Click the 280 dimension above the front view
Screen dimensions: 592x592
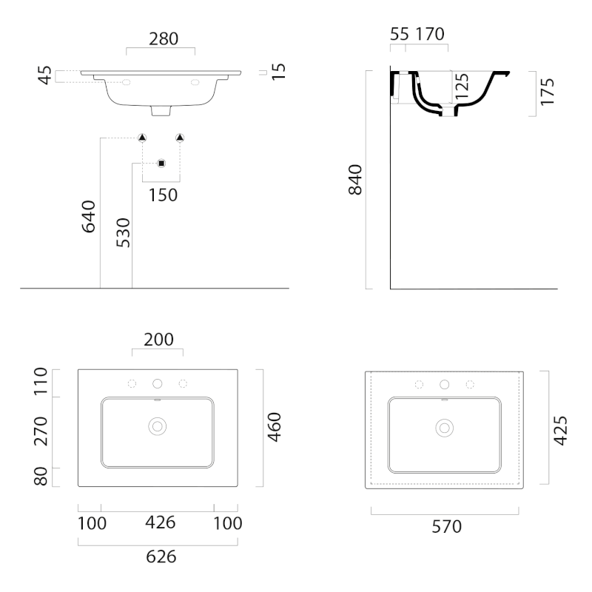click(164, 39)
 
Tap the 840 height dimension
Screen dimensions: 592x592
click(355, 180)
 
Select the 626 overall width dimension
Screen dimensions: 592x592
click(161, 556)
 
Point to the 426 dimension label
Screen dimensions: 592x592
click(161, 522)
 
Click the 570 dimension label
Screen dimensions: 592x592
click(447, 526)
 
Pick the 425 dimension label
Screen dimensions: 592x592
click(560, 431)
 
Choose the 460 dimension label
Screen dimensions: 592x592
click(275, 427)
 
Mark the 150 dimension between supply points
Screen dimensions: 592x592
click(163, 195)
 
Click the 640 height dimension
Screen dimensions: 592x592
click(89, 217)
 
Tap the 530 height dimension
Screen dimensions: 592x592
click(123, 232)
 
